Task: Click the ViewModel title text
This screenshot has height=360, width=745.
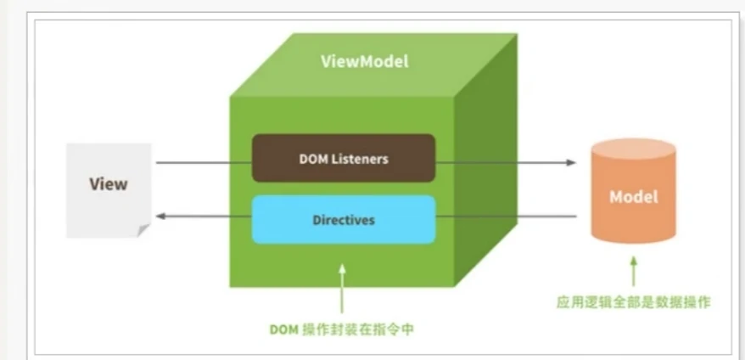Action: click(364, 62)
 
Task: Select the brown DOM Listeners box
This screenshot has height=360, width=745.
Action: click(344, 158)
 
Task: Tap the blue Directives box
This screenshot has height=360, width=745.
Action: click(344, 220)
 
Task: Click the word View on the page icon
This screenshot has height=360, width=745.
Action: click(108, 184)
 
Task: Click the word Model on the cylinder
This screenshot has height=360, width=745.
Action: click(633, 197)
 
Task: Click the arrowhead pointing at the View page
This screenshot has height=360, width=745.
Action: click(160, 217)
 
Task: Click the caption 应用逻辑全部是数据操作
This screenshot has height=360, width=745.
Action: click(633, 302)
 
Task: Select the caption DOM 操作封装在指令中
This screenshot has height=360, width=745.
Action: click(341, 329)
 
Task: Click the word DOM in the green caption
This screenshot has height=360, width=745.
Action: click(284, 329)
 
